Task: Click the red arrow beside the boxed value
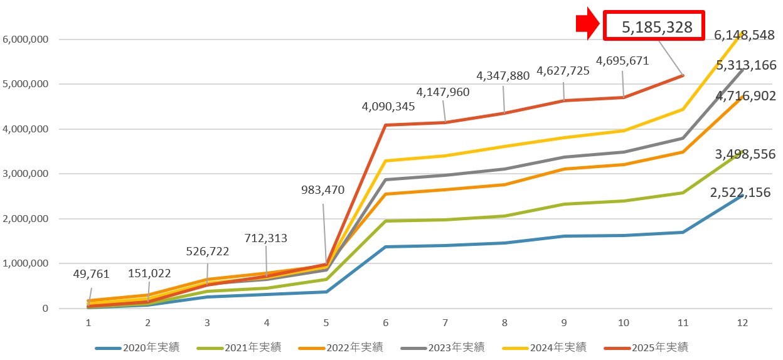point(589,26)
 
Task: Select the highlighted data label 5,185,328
point(657,27)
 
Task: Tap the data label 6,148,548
point(745,36)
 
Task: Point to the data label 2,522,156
point(745,193)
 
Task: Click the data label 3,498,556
point(745,154)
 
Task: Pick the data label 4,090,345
point(388,107)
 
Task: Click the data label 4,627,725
point(563,71)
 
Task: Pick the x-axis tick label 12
point(743,322)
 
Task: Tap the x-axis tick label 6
point(385,322)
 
